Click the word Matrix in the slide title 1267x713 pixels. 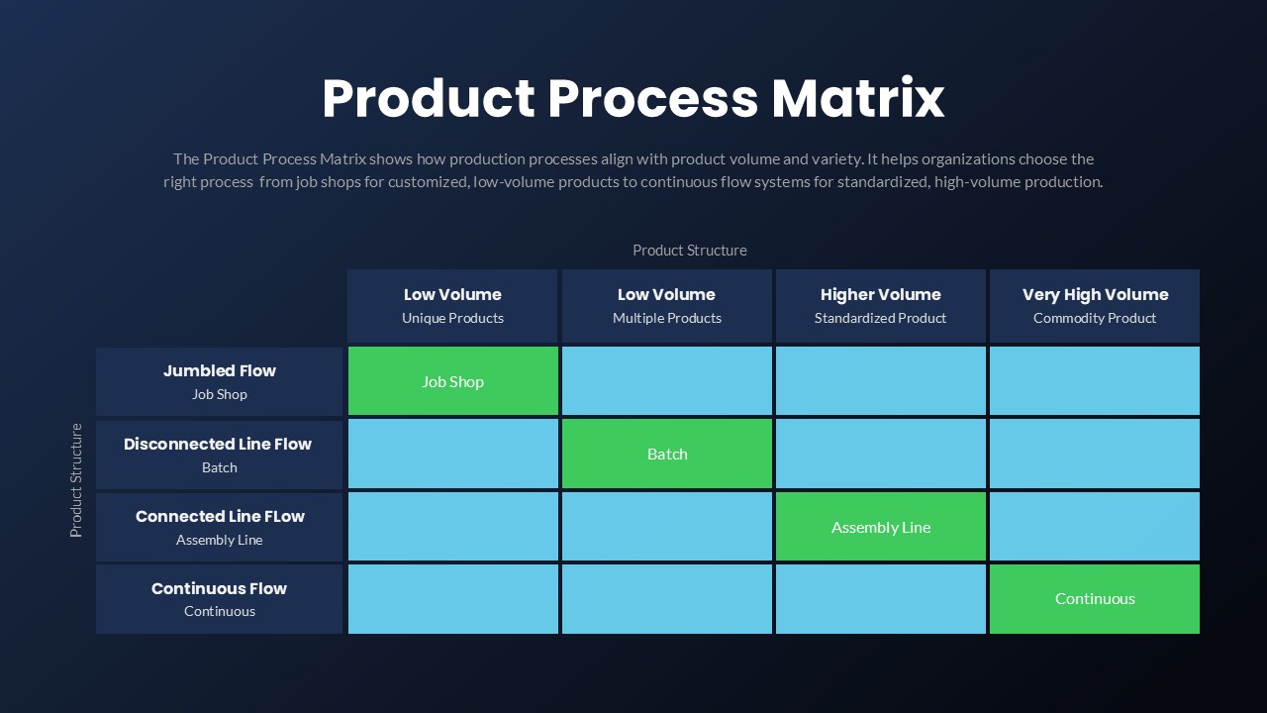(x=857, y=99)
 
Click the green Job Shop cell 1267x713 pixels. (x=452, y=381)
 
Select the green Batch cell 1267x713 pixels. (x=666, y=454)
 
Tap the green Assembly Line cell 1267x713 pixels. (x=880, y=527)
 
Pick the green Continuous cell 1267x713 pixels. (x=1094, y=598)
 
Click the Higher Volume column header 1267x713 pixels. (x=880, y=294)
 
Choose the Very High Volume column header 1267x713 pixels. (x=1095, y=294)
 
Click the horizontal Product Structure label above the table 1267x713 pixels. (x=689, y=251)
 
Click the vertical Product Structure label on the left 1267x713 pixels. (x=76, y=480)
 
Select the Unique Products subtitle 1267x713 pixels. (x=452, y=318)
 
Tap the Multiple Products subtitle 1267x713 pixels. (x=666, y=318)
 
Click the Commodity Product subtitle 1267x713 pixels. (x=1095, y=318)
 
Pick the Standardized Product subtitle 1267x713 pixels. (x=880, y=318)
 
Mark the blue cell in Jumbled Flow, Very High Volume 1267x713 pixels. (x=1094, y=381)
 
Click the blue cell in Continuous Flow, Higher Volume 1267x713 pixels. (x=880, y=598)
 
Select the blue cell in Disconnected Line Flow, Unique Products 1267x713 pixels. (x=452, y=454)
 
